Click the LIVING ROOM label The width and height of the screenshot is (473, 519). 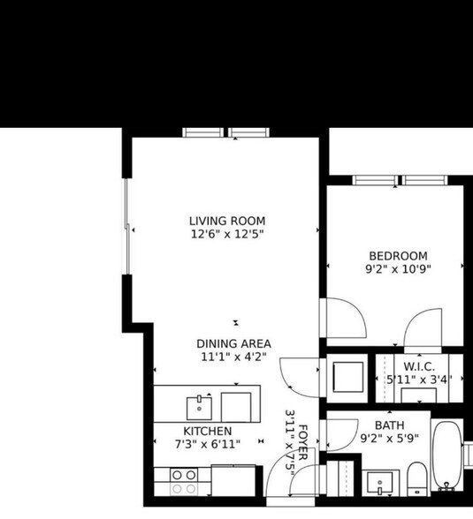click(227, 221)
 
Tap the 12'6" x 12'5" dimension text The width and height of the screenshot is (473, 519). click(227, 235)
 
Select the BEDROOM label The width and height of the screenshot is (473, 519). click(398, 256)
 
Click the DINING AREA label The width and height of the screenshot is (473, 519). click(233, 343)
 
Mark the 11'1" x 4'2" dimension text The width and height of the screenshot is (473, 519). click(233, 357)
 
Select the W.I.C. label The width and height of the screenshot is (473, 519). click(416, 366)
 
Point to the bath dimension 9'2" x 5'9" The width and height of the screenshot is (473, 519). click(388, 438)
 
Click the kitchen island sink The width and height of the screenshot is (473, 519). click(199, 408)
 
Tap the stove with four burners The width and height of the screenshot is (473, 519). click(184, 481)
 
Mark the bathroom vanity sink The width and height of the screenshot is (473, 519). click(383, 485)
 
